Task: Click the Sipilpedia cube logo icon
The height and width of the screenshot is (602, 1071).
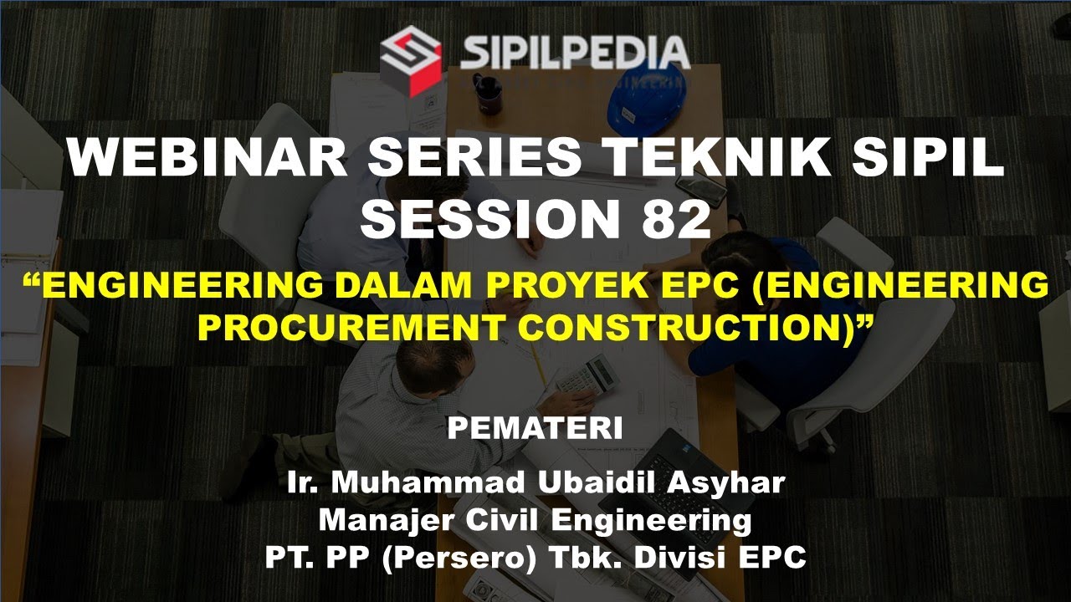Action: click(411, 59)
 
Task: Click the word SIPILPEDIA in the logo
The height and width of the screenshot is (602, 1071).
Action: click(575, 52)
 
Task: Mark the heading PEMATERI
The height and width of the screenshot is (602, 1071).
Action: click(535, 429)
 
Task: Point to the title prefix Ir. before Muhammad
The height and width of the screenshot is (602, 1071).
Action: click(305, 482)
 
